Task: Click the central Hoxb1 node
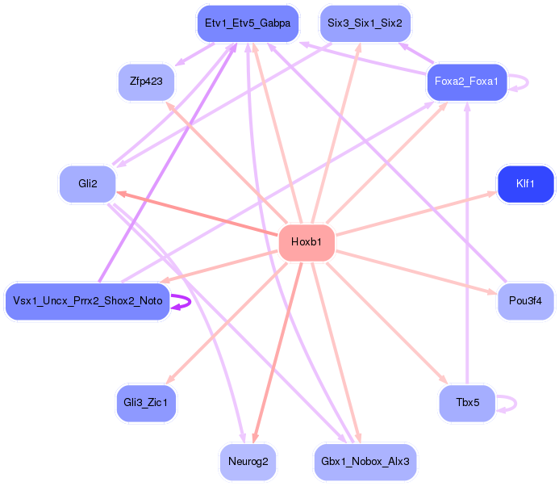[307, 243]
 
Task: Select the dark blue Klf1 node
[526, 184]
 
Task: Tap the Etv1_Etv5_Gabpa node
[248, 24]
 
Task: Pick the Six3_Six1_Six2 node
[365, 23]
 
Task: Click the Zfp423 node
[145, 82]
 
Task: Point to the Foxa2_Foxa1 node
[466, 82]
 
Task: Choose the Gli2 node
[87, 184]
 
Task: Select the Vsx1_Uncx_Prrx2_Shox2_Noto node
[87, 301]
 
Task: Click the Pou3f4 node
[526, 301]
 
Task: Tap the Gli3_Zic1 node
[145, 402]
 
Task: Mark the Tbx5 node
[467, 402]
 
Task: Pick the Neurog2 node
[248, 462]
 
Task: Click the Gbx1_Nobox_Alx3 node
[365, 462]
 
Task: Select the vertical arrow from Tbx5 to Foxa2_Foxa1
[467, 242]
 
